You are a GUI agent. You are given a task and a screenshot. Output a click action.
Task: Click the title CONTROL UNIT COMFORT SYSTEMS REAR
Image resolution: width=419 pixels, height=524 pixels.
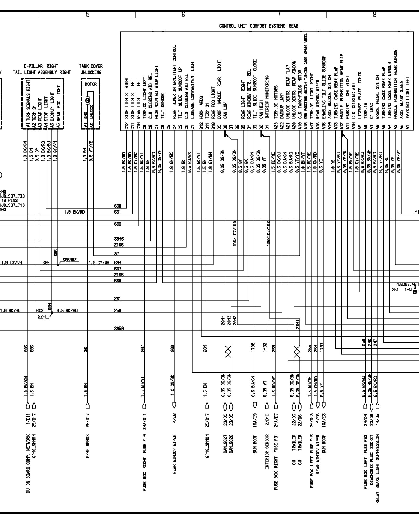click(x=258, y=26)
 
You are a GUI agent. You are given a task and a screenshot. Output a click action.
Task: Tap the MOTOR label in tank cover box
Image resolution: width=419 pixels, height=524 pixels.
click(x=91, y=84)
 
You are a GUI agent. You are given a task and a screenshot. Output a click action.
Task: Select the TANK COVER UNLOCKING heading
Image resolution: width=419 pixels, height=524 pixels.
click(x=91, y=69)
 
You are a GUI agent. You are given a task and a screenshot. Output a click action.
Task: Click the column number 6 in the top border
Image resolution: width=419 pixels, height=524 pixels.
click(x=183, y=15)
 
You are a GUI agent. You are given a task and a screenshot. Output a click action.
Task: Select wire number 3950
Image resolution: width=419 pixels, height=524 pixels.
click(x=119, y=329)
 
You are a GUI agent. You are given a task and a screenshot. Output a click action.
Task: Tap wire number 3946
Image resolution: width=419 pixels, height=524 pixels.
click(x=119, y=239)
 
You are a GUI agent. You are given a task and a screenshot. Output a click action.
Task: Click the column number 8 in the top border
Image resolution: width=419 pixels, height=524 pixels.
click(x=374, y=15)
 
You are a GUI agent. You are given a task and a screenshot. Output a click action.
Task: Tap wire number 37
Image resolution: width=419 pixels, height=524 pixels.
click(x=117, y=254)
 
